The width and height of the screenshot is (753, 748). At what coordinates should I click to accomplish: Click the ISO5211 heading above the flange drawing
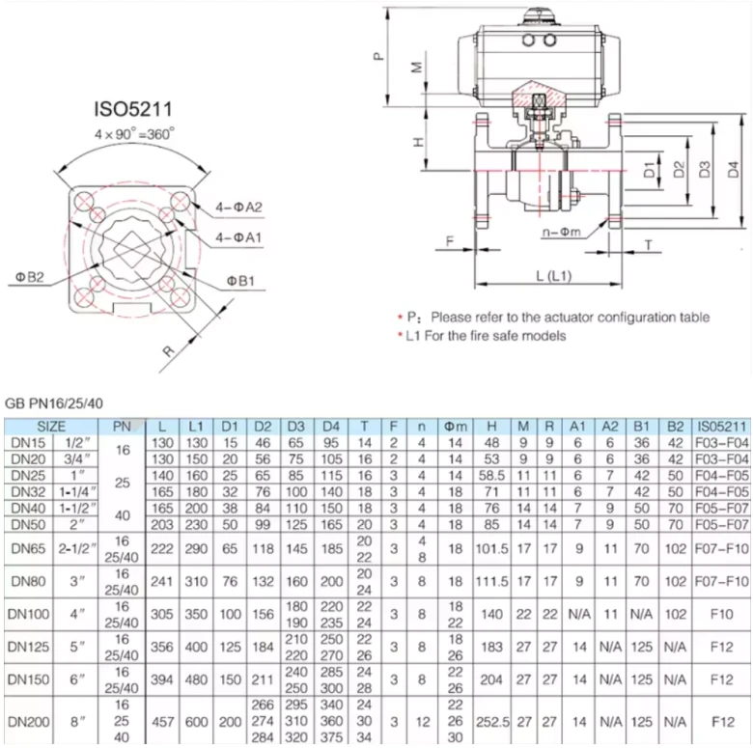133,109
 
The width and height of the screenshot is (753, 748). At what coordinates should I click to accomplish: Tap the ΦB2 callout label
30,277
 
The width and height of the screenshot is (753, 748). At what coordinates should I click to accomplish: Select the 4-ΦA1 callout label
238,237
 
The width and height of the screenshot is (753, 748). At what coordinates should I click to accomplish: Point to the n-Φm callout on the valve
562,233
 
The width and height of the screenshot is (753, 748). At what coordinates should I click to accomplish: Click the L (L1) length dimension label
554,276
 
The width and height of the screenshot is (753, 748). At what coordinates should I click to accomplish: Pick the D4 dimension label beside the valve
733,170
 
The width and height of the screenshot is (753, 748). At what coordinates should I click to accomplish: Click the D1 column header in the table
230,427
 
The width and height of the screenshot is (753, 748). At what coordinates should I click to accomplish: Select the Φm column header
456,427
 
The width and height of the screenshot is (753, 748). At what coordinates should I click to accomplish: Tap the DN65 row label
28,548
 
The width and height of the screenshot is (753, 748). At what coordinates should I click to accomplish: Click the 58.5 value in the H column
491,475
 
